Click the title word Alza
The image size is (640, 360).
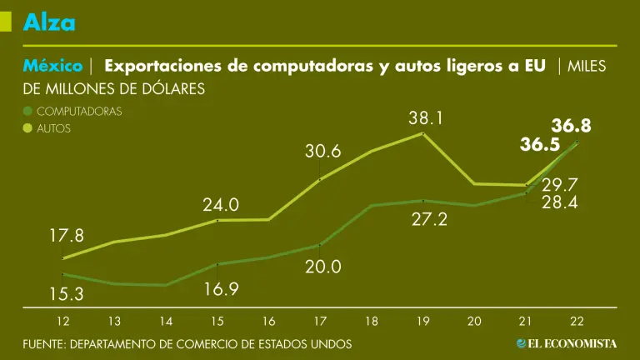(x=49, y=22)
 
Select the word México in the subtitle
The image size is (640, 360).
(x=52, y=66)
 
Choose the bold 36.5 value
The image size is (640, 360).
(x=539, y=145)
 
